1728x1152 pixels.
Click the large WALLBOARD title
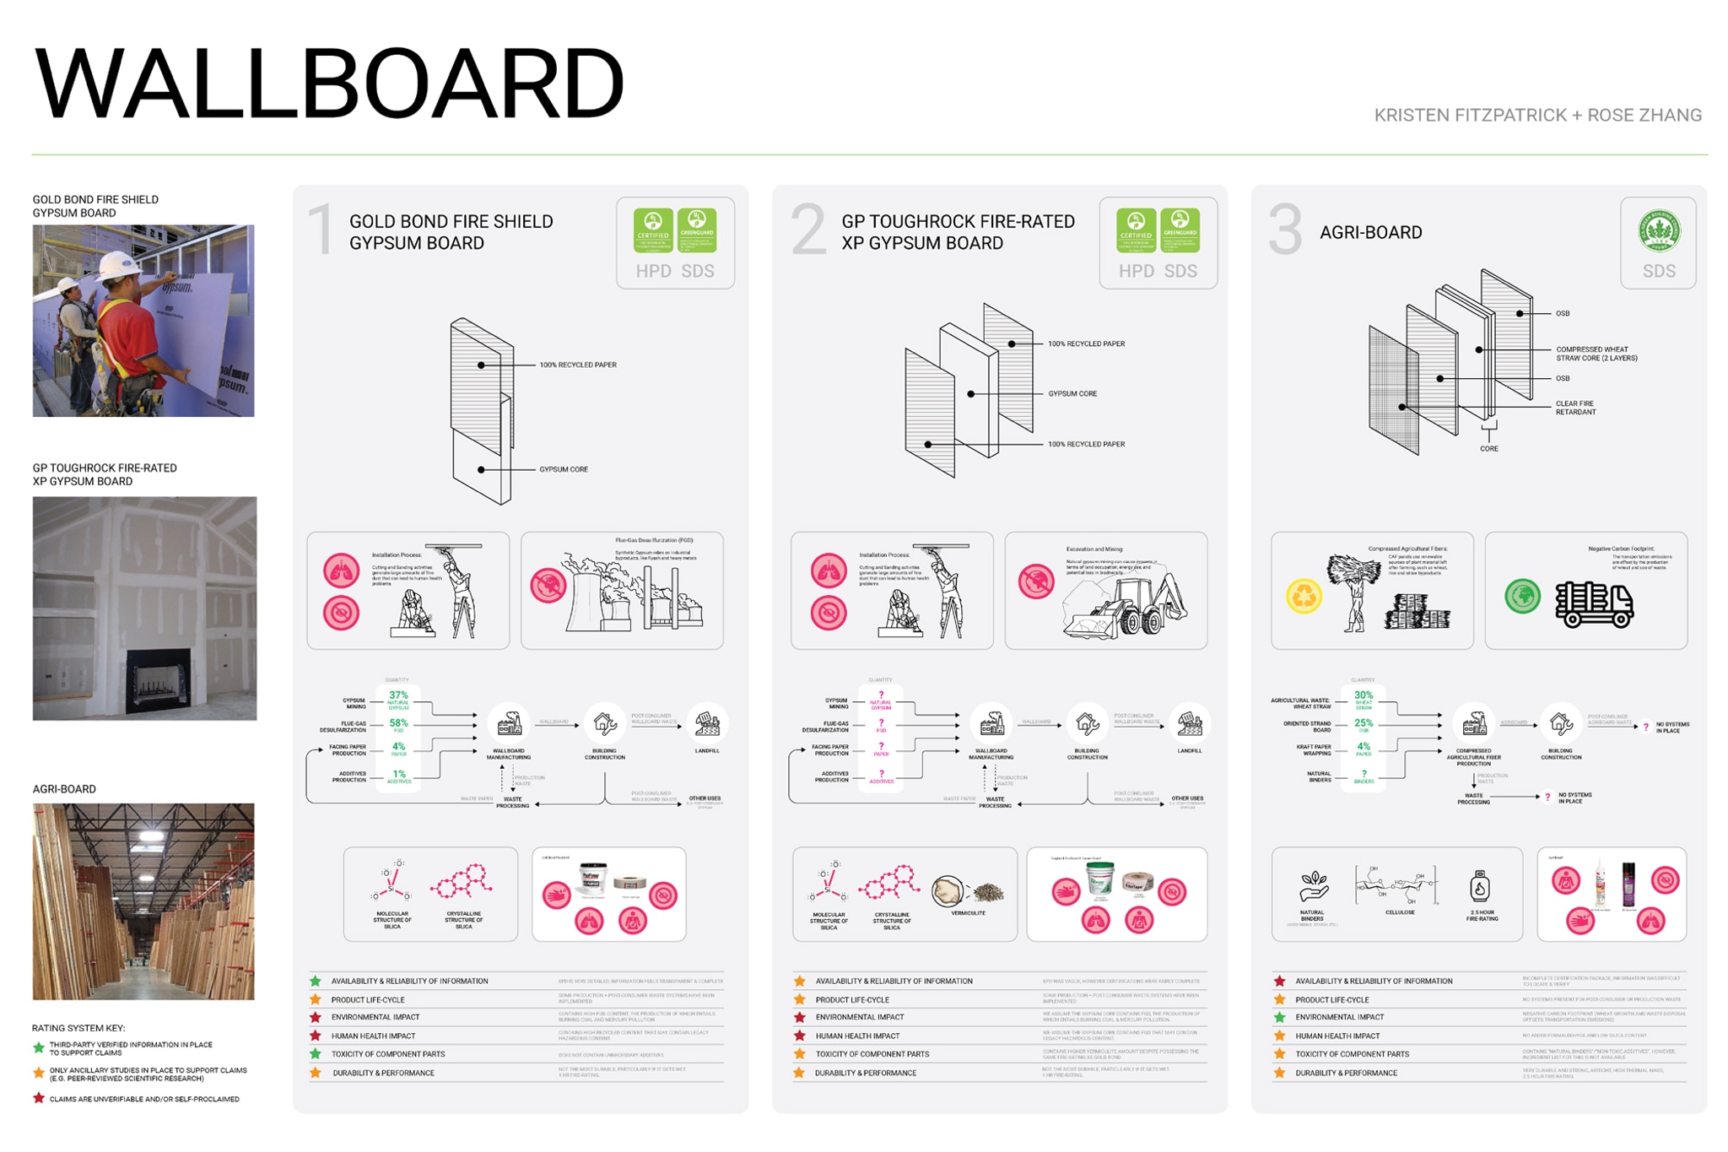[x=329, y=84]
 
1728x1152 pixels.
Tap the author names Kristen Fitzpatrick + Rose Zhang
[x=1537, y=116]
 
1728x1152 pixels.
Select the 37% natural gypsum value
[x=398, y=695]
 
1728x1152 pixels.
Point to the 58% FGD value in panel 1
[x=398, y=723]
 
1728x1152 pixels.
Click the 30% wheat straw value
[x=1363, y=695]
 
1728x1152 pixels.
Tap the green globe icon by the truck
[x=1522, y=596]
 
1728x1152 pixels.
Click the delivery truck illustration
[x=1594, y=603]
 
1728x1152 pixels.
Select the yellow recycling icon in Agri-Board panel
[x=1304, y=596]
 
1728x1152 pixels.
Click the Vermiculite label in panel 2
[x=968, y=913]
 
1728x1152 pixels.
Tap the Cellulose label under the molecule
[x=1400, y=912]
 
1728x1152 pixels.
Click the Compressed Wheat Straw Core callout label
[x=1596, y=354]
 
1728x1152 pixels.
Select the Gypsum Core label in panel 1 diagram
[x=564, y=469]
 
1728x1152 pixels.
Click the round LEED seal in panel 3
[x=1658, y=230]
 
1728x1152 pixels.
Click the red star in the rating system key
[x=38, y=1098]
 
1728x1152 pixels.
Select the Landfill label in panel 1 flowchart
[x=707, y=750]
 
